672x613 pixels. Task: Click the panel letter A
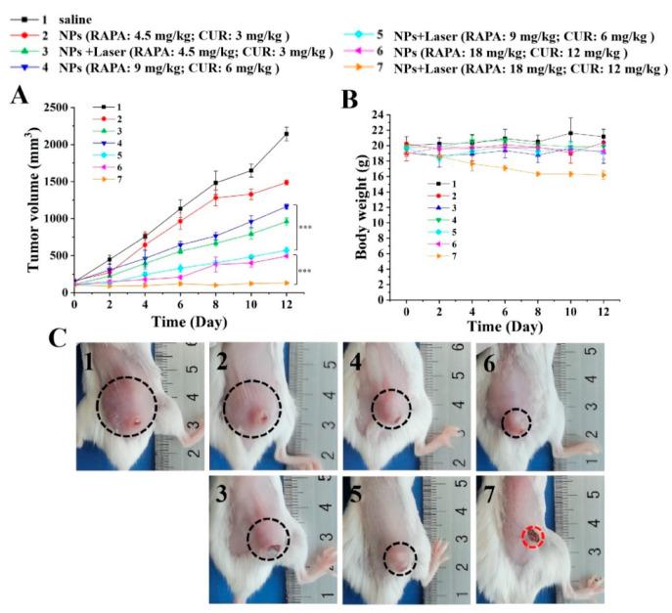pos(18,97)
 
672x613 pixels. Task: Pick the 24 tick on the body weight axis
pos(389,114)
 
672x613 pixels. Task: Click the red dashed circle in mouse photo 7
pos(531,536)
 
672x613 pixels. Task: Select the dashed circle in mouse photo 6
pos(515,422)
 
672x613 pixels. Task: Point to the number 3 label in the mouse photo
pos(224,490)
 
